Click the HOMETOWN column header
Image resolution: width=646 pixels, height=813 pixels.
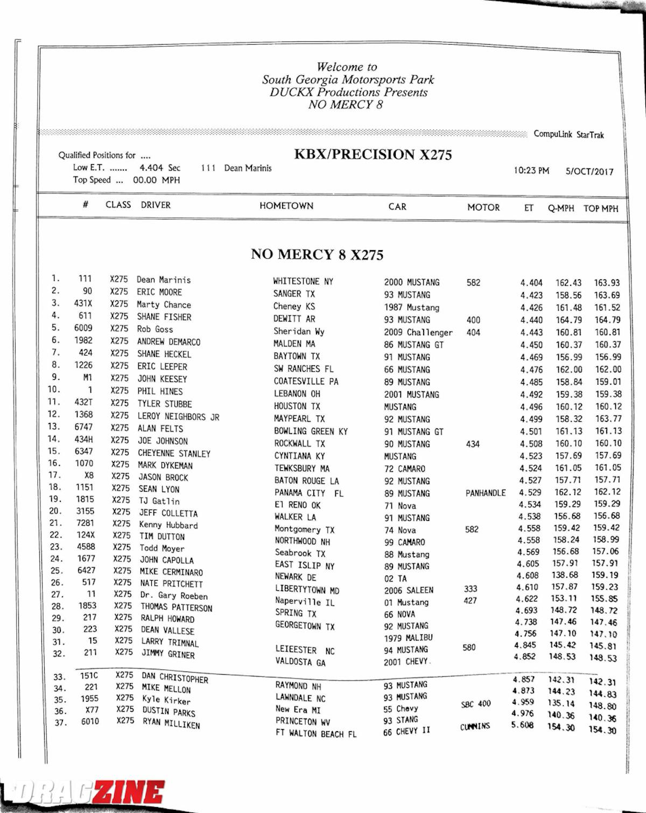(x=286, y=206)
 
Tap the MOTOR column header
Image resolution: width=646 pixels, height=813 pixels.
(x=483, y=207)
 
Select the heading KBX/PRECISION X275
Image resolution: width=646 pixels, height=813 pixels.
(x=373, y=154)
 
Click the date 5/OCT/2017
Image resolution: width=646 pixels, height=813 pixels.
(x=589, y=172)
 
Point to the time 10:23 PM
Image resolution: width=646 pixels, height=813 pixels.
(x=531, y=171)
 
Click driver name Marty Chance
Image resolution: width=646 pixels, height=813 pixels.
(x=164, y=305)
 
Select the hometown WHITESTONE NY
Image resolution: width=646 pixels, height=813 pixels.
(x=303, y=281)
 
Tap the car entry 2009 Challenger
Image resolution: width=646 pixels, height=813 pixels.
(x=418, y=333)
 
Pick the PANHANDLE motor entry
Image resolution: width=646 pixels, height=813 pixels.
(x=485, y=493)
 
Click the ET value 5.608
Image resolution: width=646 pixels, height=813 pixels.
(x=522, y=725)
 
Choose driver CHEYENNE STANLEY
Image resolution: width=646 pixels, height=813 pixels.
(x=174, y=453)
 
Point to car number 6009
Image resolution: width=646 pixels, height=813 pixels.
(x=83, y=328)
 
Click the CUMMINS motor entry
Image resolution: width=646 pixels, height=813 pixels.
(x=475, y=726)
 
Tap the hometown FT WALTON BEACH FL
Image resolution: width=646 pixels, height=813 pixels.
(x=315, y=733)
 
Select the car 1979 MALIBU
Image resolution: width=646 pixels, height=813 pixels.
(x=408, y=638)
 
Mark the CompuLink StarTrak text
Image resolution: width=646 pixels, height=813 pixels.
(x=568, y=135)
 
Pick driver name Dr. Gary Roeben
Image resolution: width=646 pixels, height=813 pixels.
(x=173, y=596)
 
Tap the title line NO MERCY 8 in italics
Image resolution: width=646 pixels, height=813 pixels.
(x=345, y=105)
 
